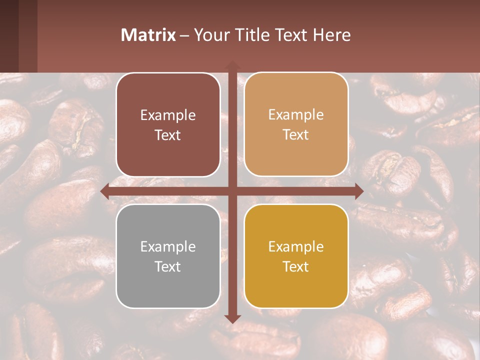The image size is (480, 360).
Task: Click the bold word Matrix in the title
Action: click(x=148, y=35)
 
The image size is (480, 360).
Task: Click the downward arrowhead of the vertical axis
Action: click(x=231, y=319)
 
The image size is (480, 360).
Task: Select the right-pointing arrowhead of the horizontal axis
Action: click(x=359, y=191)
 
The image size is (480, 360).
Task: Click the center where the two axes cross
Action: click(x=231, y=191)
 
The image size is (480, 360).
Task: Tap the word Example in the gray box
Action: click(x=168, y=246)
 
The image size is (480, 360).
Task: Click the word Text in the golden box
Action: click(x=296, y=266)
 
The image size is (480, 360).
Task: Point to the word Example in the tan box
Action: click(x=296, y=114)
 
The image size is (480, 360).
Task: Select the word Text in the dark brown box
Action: click(x=168, y=135)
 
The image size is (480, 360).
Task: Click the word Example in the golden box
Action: click(x=296, y=246)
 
